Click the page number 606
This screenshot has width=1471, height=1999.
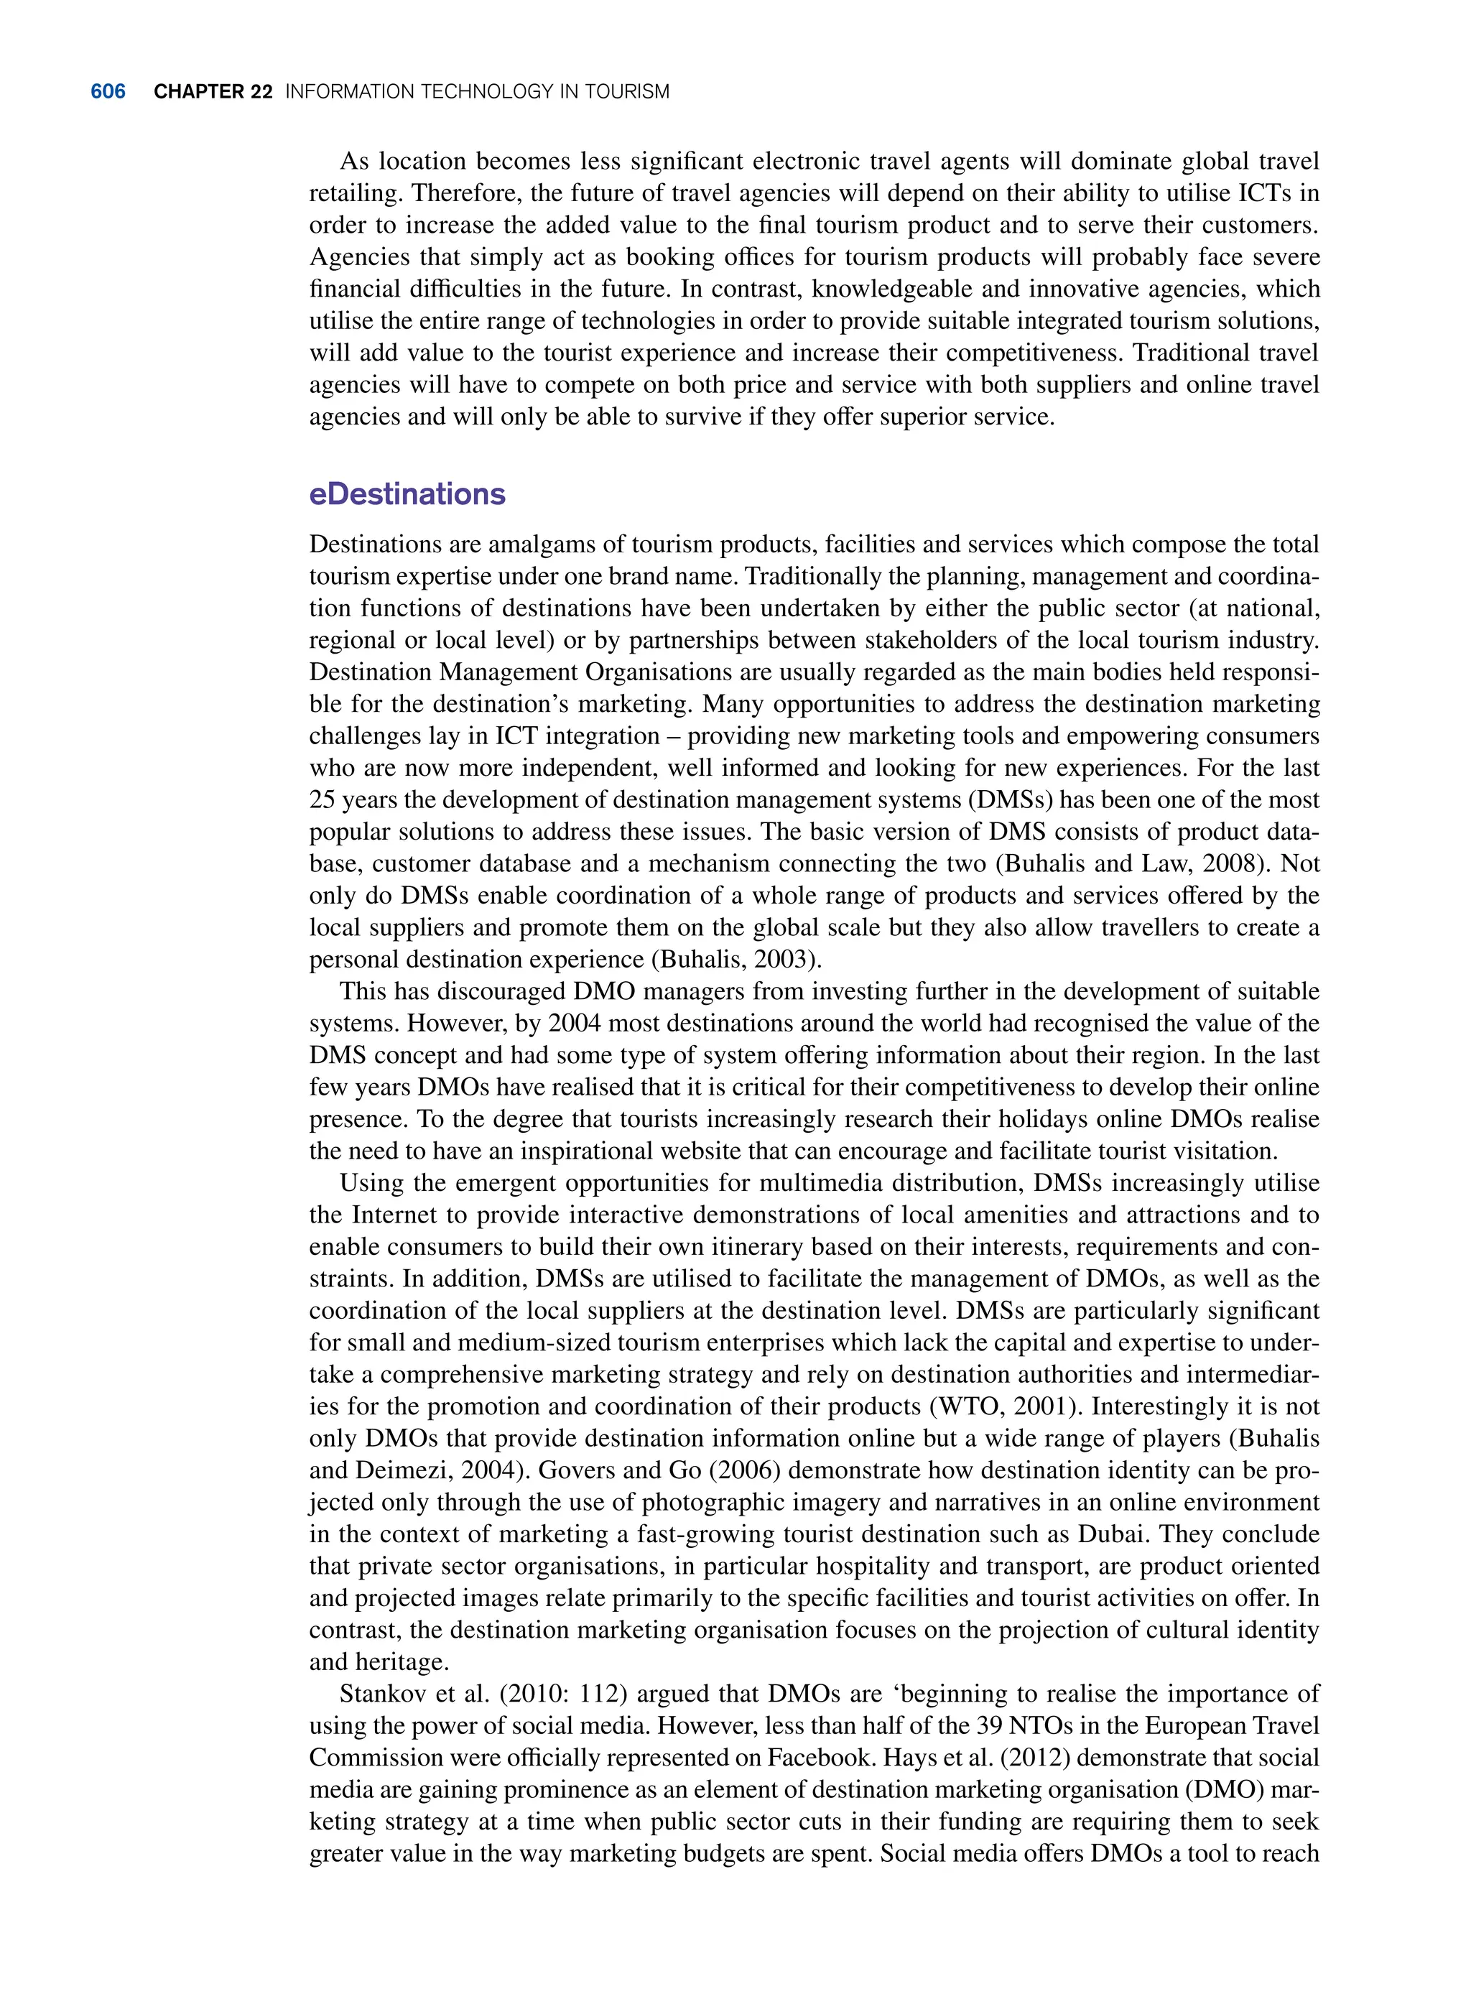click(x=108, y=92)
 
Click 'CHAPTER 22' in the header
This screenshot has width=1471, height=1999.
click(x=213, y=92)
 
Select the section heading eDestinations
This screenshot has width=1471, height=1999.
click(x=407, y=494)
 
